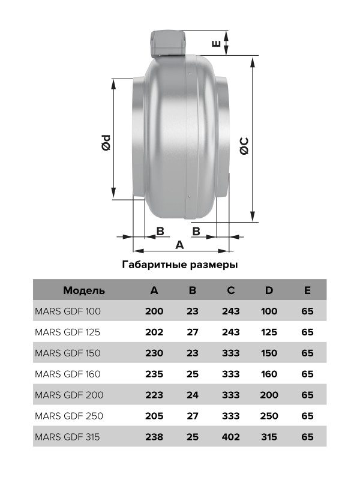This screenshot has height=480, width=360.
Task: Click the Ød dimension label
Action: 106,143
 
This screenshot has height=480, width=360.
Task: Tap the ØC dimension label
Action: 245,146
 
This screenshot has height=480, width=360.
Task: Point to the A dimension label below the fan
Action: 179,244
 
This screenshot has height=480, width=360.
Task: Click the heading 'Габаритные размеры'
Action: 179,265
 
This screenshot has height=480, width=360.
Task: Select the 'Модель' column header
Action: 84,290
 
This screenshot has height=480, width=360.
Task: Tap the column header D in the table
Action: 269,290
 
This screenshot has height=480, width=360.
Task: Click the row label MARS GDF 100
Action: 68,311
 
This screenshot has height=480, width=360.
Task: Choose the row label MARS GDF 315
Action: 68,436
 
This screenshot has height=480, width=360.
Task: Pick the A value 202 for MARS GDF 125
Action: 154,332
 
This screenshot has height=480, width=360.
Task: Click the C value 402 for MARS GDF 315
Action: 230,436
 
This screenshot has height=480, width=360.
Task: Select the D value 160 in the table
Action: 269,374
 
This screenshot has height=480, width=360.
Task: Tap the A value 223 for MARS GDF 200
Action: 154,395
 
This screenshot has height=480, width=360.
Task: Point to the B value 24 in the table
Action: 193,395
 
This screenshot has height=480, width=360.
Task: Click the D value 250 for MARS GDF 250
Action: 269,415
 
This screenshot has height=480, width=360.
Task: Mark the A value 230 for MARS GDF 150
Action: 154,353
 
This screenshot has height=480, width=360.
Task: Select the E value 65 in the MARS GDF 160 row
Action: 307,374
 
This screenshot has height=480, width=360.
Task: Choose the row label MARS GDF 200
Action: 69,395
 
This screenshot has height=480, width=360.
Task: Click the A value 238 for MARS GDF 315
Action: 154,436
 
